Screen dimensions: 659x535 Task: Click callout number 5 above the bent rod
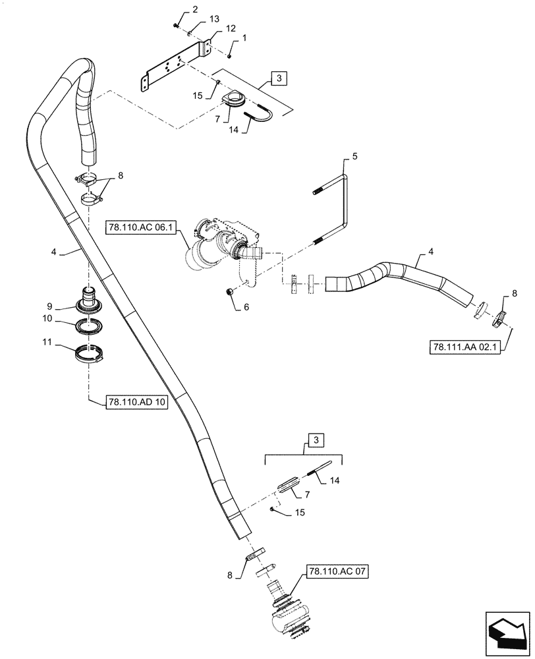pyautogui.click(x=354, y=156)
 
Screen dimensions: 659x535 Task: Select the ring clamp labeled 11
pyautogui.click(x=89, y=355)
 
